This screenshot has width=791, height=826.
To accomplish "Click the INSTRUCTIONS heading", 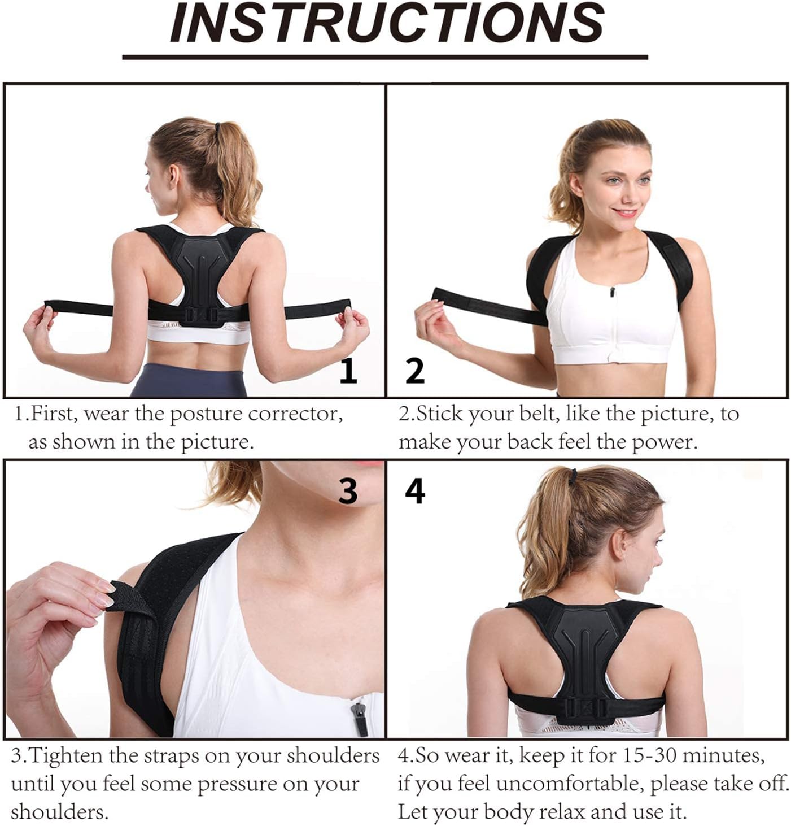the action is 387,23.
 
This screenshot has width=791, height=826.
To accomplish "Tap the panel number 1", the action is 348,371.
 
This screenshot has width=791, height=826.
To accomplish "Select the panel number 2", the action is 414,371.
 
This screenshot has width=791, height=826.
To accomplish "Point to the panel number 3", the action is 348,492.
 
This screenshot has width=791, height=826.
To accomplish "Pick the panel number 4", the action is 415,492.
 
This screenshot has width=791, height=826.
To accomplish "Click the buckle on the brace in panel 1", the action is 202,315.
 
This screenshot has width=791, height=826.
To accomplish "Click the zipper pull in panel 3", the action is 359,718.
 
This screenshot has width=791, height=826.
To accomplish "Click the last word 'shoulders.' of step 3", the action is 60,811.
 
